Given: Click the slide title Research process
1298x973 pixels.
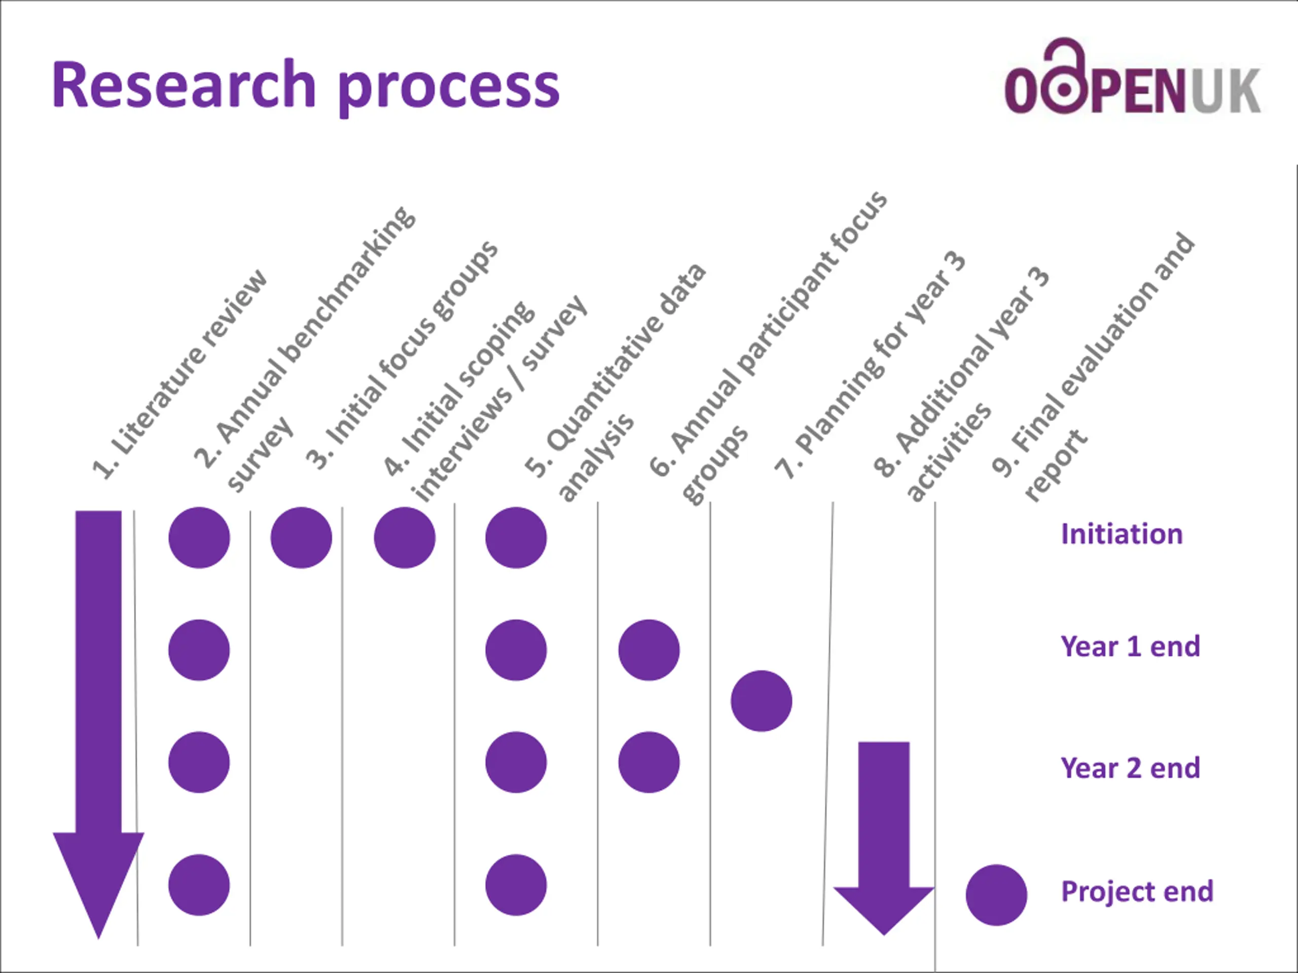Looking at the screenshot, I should (305, 87).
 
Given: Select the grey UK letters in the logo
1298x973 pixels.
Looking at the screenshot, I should (1224, 91).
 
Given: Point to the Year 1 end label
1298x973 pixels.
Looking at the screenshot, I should (1130, 646).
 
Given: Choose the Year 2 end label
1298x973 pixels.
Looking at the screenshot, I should (1130, 768).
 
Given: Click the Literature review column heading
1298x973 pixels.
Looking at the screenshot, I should (179, 376).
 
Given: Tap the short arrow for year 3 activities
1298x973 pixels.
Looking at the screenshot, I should (884, 833).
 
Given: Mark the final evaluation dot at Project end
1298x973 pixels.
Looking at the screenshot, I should (996, 895).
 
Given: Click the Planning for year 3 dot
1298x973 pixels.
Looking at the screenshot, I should (761, 701).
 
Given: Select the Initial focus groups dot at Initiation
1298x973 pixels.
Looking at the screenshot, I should (301, 537).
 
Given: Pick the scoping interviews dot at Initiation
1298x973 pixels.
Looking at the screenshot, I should (404, 537).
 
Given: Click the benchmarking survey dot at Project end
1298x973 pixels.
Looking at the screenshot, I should (199, 885).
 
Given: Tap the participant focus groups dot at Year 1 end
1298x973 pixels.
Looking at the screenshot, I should (648, 650).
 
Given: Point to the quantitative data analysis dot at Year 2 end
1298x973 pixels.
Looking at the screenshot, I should (516, 763).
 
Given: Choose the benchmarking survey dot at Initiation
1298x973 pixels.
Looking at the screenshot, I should (199, 537).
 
